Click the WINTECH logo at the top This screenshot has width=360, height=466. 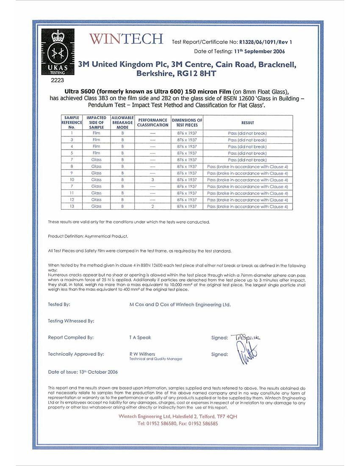(126, 39)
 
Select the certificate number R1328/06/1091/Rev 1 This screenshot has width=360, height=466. (266, 42)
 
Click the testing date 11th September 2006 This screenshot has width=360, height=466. (259, 51)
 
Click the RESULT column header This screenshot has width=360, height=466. (247, 123)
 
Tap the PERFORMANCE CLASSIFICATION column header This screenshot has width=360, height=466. (153, 123)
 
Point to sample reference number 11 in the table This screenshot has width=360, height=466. (72, 193)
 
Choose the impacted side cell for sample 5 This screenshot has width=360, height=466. (96, 153)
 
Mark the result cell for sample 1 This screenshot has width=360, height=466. (247, 133)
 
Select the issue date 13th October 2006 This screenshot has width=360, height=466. (98, 372)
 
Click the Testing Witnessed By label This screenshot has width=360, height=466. (71, 321)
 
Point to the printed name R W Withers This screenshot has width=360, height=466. (142, 354)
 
